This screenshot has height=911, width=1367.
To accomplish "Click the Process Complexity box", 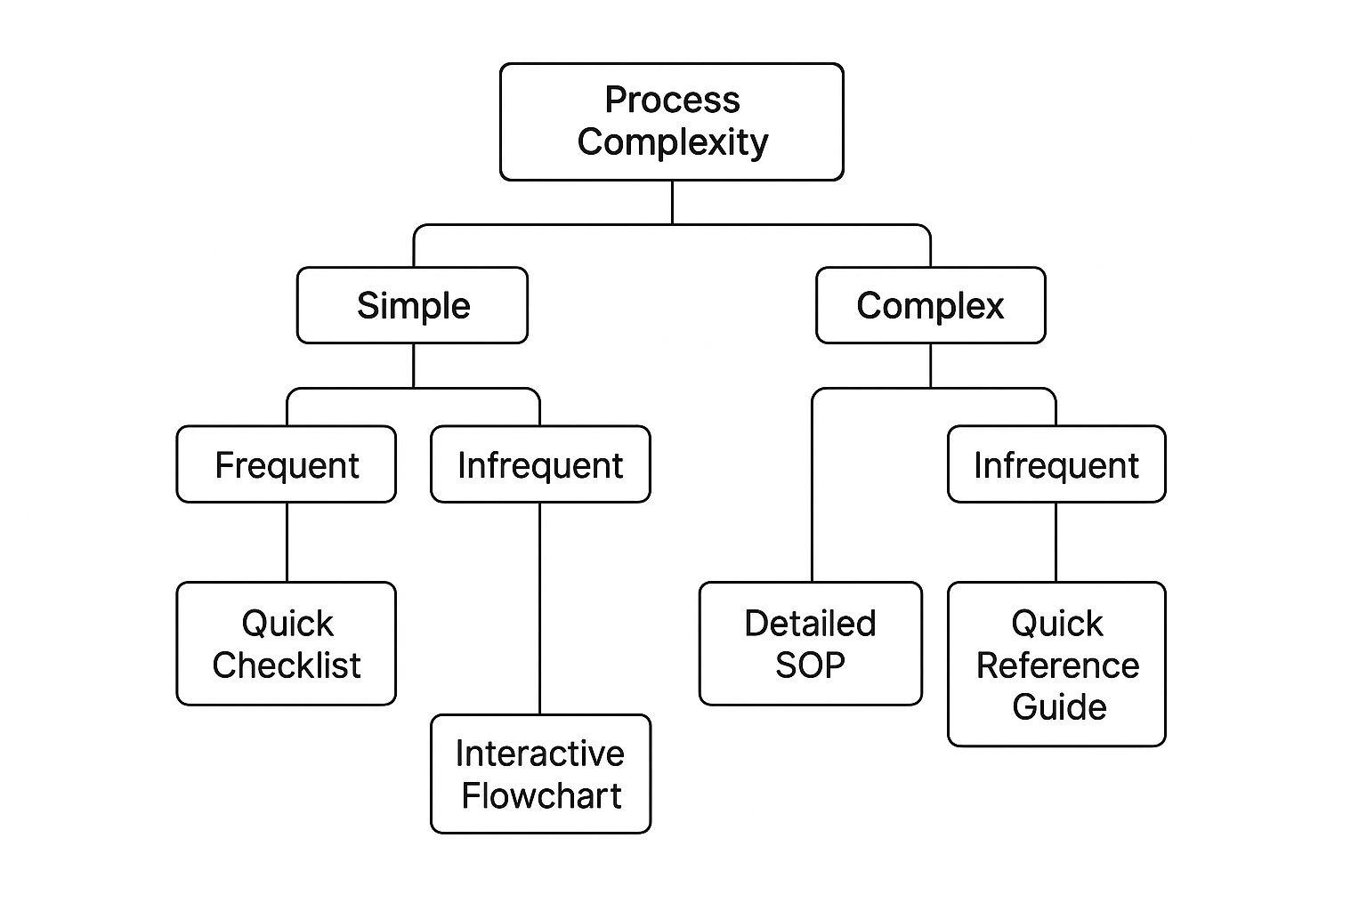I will click(671, 122).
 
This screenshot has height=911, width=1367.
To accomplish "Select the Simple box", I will click(412, 305).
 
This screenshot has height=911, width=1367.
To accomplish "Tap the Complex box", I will click(930, 305).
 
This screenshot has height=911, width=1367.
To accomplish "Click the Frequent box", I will click(286, 464).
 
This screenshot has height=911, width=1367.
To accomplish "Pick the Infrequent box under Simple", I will click(540, 464).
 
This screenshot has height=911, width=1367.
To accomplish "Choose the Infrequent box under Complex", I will click(1056, 464).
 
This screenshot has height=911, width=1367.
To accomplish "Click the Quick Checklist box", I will click(286, 643).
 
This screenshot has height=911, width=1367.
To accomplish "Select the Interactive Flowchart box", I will click(540, 773).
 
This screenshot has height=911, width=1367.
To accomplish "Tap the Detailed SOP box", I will click(810, 643).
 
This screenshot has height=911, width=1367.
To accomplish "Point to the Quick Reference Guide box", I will click(1056, 664).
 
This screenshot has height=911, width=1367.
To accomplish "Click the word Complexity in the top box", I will click(672, 142).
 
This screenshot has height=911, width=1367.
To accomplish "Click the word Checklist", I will click(286, 665).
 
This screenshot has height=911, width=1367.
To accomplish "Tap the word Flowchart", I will click(541, 794).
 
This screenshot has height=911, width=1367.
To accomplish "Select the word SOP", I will click(809, 665).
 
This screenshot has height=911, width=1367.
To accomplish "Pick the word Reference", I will click(1057, 665).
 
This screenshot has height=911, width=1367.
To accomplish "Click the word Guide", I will click(1059, 706).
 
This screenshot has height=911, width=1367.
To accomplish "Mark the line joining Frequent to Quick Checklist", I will click(287, 543).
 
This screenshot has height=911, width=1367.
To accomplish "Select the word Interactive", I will click(539, 753).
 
